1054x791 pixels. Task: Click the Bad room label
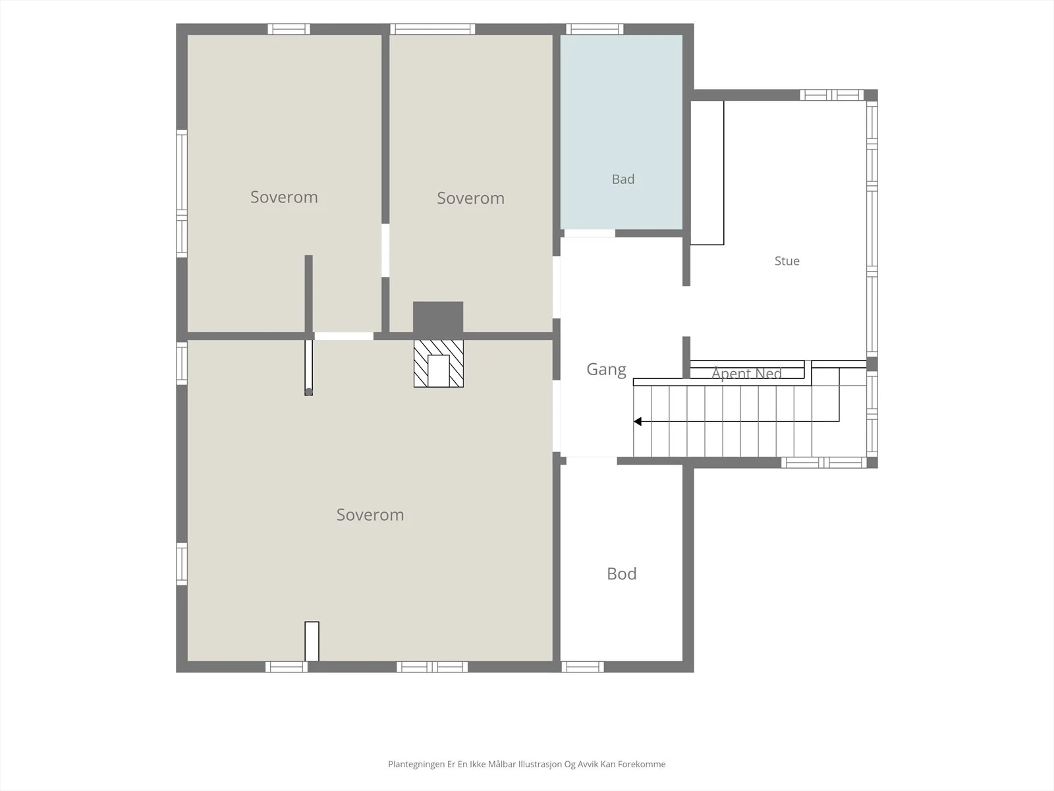click(x=623, y=179)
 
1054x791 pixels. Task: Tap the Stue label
click(x=787, y=261)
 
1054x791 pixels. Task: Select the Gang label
click(x=606, y=369)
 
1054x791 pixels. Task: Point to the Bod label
click(x=621, y=573)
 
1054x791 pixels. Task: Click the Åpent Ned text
click(x=746, y=373)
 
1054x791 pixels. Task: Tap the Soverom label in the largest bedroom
click(x=370, y=515)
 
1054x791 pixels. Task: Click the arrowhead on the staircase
click(x=638, y=421)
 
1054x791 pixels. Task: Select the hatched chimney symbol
click(x=439, y=364)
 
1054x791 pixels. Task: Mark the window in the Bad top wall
click(x=594, y=29)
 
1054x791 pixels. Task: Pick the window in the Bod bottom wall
click(x=582, y=666)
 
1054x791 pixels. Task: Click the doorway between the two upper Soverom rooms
click(x=385, y=250)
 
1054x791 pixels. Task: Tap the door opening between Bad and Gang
click(x=590, y=233)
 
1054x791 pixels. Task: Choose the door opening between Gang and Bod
click(x=592, y=461)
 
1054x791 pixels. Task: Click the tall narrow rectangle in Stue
click(x=707, y=173)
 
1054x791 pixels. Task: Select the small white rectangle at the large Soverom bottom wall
click(x=312, y=641)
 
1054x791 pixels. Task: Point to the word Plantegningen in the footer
click(x=416, y=764)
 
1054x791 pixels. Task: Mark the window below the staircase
click(x=824, y=463)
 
